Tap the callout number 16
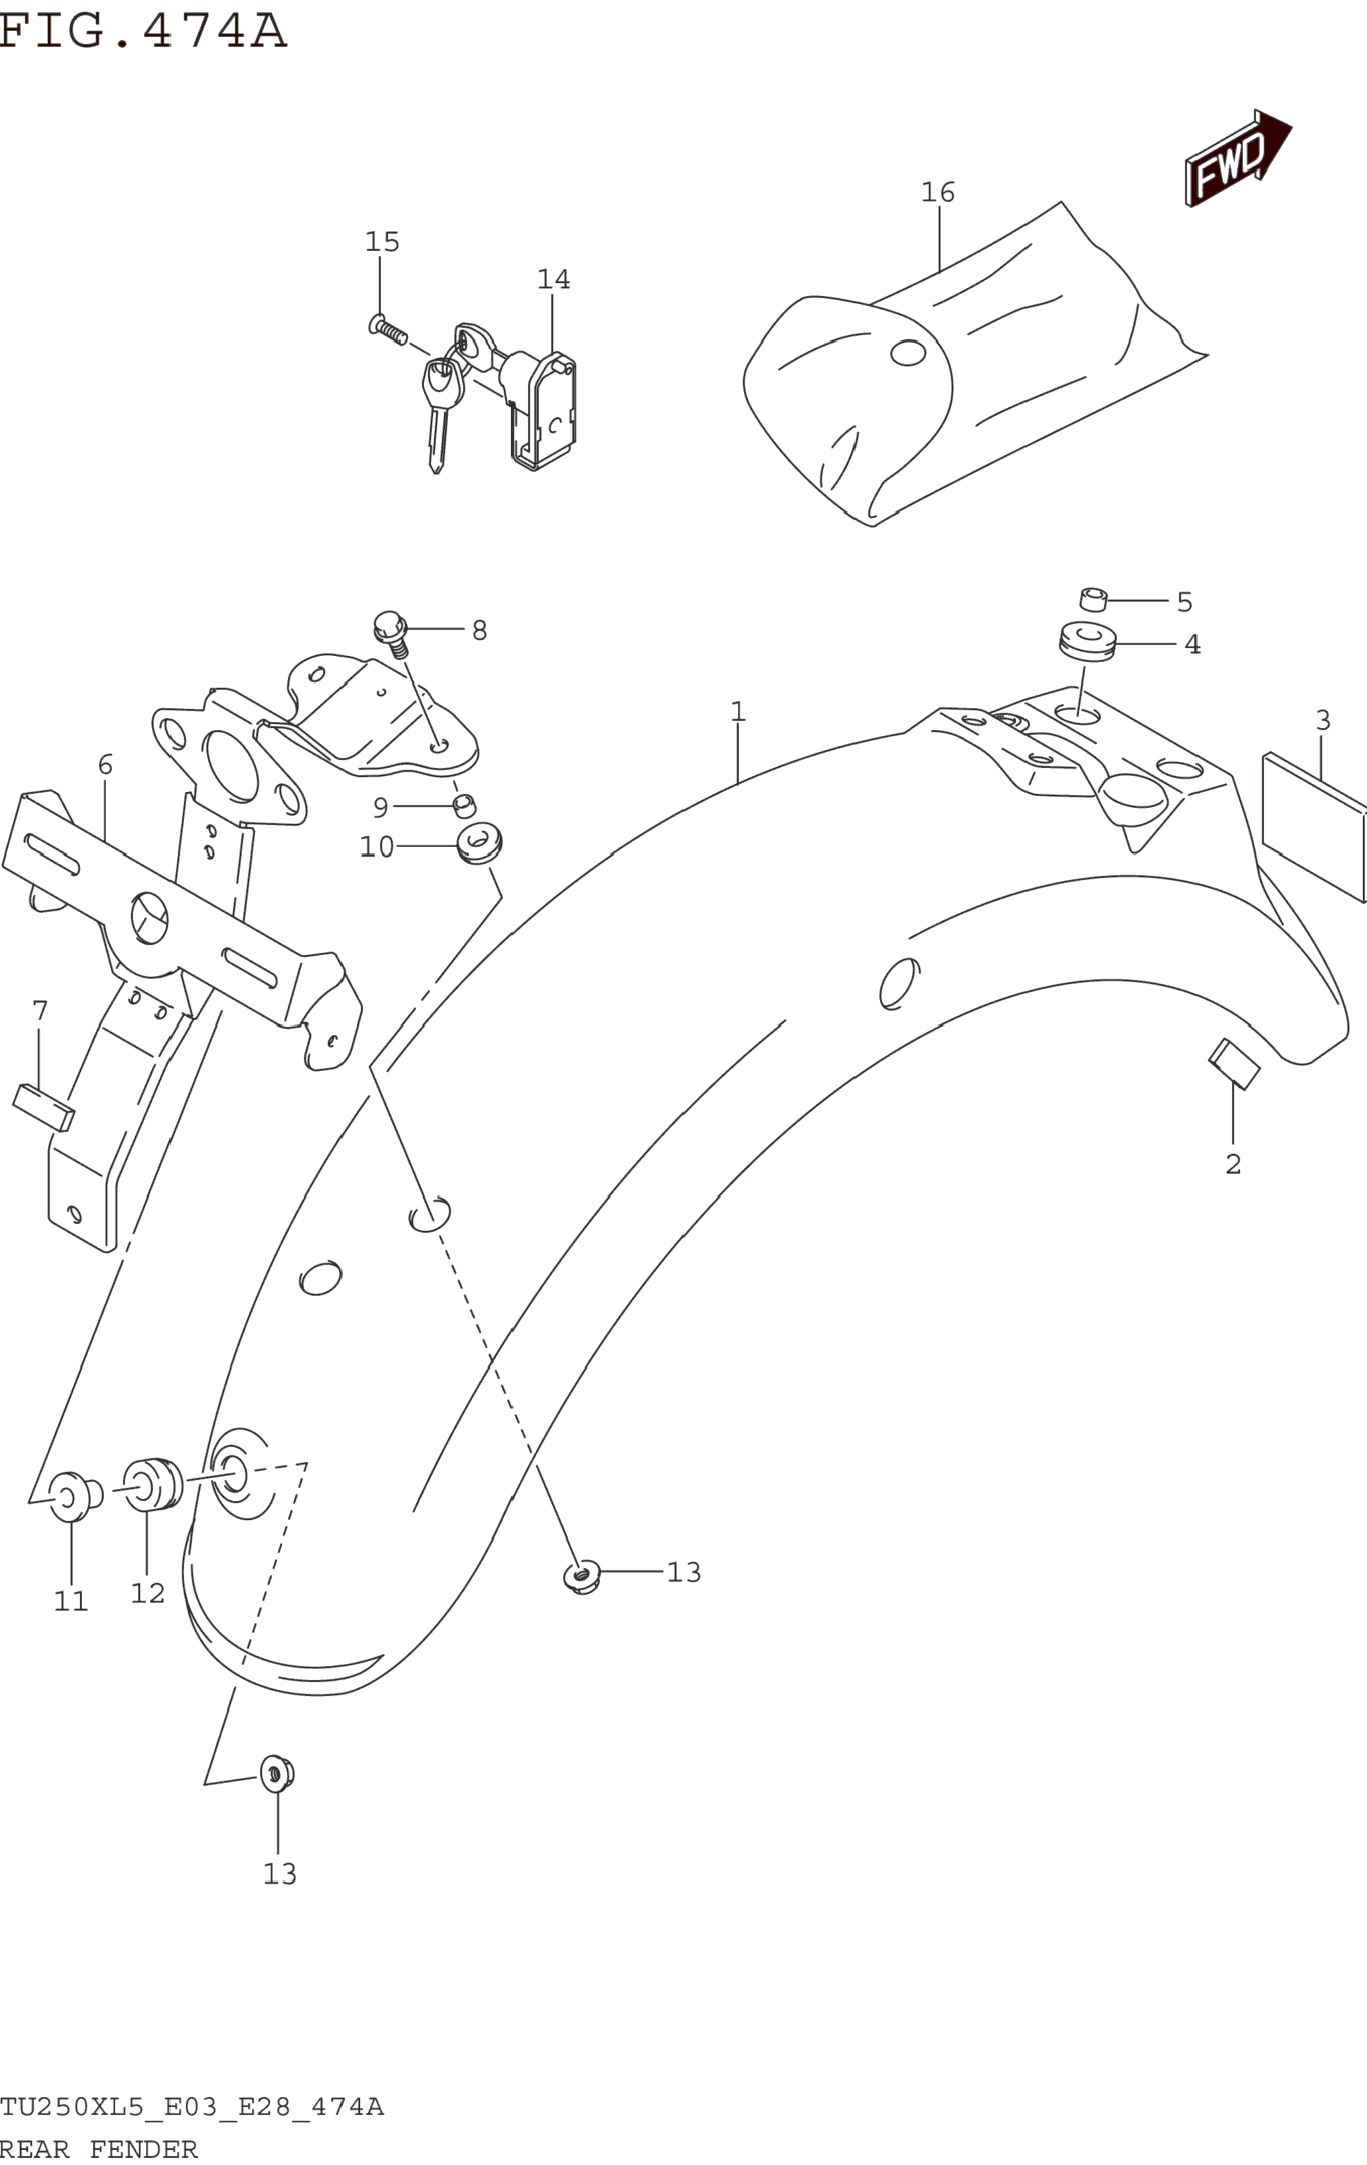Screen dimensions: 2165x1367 pos(937,192)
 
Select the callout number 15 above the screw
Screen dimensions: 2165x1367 pos(381,242)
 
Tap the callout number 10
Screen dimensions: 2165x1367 pos(377,847)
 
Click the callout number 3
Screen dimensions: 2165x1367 pos(1322,720)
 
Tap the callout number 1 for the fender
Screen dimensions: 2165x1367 pos(737,712)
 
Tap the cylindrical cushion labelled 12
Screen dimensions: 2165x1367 pos(152,1484)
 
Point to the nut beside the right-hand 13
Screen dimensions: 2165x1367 pos(582,1576)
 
